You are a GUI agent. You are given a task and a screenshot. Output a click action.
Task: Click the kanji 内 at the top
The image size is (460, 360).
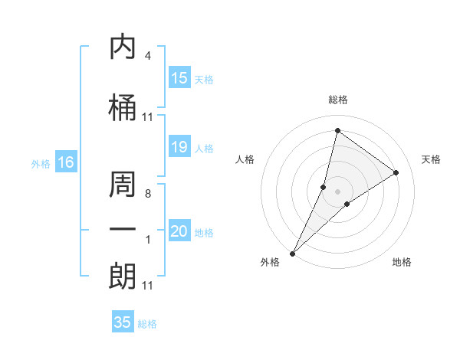click(x=123, y=48)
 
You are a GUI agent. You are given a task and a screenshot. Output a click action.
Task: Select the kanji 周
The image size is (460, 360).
click(x=123, y=185)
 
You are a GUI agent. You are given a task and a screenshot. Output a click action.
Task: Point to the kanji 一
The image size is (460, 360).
click(x=123, y=229)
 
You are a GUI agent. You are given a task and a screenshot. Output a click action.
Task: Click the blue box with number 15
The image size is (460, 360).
click(x=179, y=78)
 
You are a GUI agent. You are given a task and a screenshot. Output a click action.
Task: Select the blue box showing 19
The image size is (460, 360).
click(x=179, y=148)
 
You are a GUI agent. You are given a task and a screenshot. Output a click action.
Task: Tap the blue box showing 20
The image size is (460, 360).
click(x=179, y=231)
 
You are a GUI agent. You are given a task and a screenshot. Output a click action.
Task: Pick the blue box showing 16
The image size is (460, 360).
click(x=66, y=162)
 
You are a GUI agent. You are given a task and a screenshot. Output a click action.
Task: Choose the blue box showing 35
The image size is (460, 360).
click(x=123, y=322)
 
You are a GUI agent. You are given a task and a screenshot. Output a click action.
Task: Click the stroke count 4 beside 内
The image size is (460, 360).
click(x=147, y=56)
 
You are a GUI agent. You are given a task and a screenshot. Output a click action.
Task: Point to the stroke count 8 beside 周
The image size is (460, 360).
click(x=147, y=194)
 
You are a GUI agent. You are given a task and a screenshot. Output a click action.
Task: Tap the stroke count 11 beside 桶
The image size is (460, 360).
click(x=147, y=117)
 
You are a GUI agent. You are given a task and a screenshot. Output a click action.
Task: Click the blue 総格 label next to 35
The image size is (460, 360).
click(x=147, y=324)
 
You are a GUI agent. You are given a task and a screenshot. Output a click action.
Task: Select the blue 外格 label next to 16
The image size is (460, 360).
click(x=41, y=164)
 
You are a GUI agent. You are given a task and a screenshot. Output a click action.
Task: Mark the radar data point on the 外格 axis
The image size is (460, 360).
click(x=292, y=253)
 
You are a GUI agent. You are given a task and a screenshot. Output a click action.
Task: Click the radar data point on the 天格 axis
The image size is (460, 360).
click(x=396, y=173)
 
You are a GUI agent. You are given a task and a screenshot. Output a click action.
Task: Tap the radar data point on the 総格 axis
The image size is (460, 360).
click(x=337, y=131)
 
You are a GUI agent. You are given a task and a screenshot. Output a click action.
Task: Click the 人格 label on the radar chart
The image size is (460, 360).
click(x=245, y=159)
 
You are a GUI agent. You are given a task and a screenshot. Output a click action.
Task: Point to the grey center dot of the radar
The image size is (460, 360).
click(x=337, y=191)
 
